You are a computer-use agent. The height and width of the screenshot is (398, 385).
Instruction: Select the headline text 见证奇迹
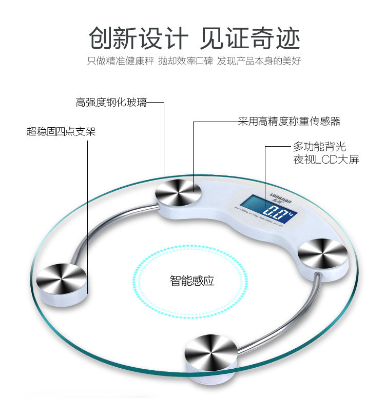[x=250, y=38]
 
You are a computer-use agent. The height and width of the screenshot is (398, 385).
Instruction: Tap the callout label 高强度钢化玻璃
[x=111, y=103]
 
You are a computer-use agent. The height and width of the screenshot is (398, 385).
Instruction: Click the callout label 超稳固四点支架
[x=61, y=131]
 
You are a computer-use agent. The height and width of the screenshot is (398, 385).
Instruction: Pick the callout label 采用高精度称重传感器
[x=289, y=122]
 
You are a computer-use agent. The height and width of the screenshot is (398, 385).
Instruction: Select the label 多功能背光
[x=319, y=147]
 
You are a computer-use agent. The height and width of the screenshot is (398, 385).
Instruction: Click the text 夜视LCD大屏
[x=326, y=160]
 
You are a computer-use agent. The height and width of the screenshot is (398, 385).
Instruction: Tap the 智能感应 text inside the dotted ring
[x=192, y=281]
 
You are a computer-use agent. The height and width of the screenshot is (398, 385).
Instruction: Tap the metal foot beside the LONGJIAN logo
[x=322, y=252]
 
